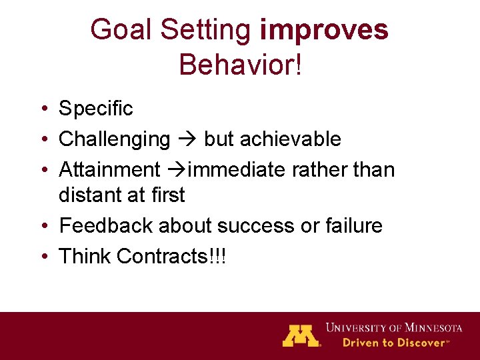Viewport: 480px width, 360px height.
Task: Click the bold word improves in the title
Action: (x=324, y=31)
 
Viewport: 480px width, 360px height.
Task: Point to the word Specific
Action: (x=96, y=109)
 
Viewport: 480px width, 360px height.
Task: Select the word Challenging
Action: (x=115, y=139)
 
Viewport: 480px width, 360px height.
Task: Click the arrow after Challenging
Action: (x=187, y=139)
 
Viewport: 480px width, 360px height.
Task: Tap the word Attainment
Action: (x=109, y=169)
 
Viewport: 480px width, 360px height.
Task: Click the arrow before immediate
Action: (x=177, y=169)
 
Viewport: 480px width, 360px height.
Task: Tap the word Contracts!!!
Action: (x=171, y=256)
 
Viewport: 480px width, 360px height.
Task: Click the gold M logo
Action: (x=300, y=335)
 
